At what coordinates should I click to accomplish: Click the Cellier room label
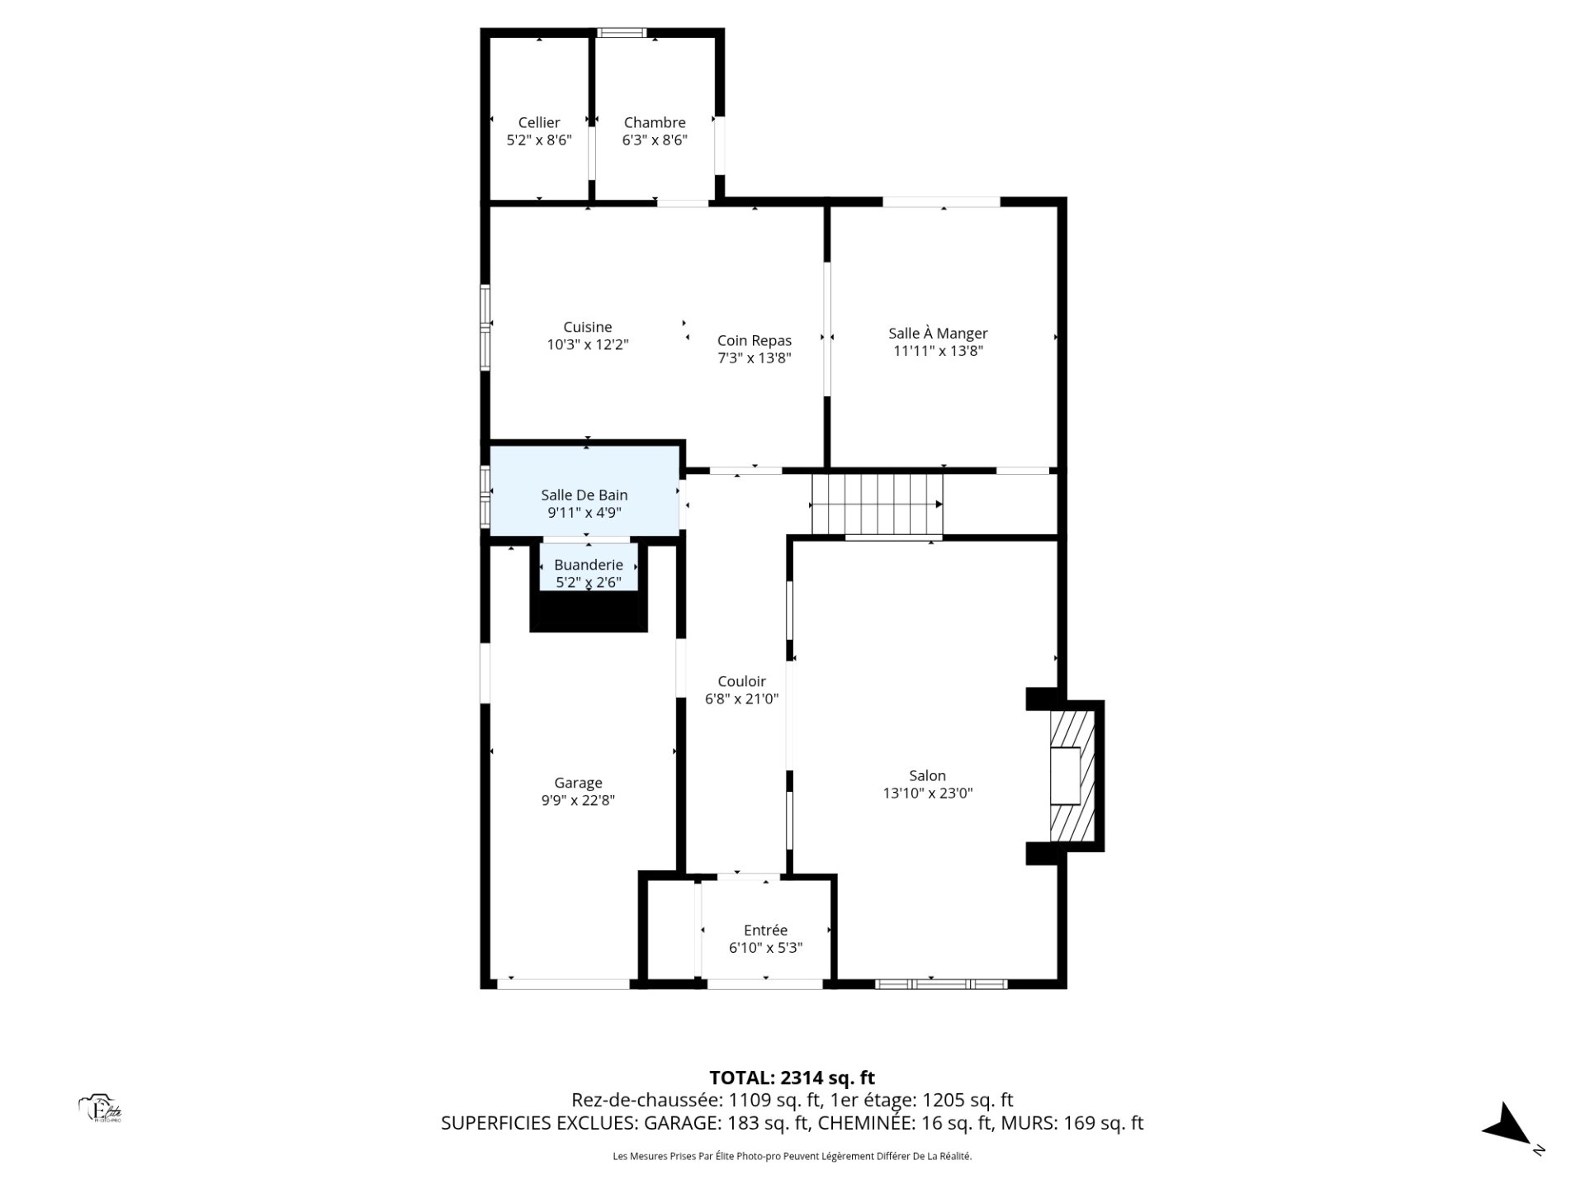pos(539,122)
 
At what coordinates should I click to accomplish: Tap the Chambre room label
pos(655,122)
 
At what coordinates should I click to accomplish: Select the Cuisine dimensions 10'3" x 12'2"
pos(588,344)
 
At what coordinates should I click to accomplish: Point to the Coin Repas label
pos(755,340)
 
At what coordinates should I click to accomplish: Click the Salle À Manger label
pos(938,333)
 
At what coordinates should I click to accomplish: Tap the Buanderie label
pos(589,565)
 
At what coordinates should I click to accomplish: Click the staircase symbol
pos(878,504)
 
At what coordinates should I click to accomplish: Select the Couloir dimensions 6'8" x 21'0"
pos(741,699)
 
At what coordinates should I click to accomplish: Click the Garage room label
pos(578,782)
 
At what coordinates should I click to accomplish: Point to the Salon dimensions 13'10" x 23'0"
pos(928,793)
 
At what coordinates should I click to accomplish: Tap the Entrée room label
pos(765,930)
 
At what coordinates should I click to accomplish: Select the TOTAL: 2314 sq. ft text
pos(792,1078)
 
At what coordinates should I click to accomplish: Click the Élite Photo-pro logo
pos(100,1109)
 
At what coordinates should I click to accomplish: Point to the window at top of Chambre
pos(622,33)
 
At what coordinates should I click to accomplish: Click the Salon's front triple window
pos(941,983)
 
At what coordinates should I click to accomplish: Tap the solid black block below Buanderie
pos(589,611)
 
